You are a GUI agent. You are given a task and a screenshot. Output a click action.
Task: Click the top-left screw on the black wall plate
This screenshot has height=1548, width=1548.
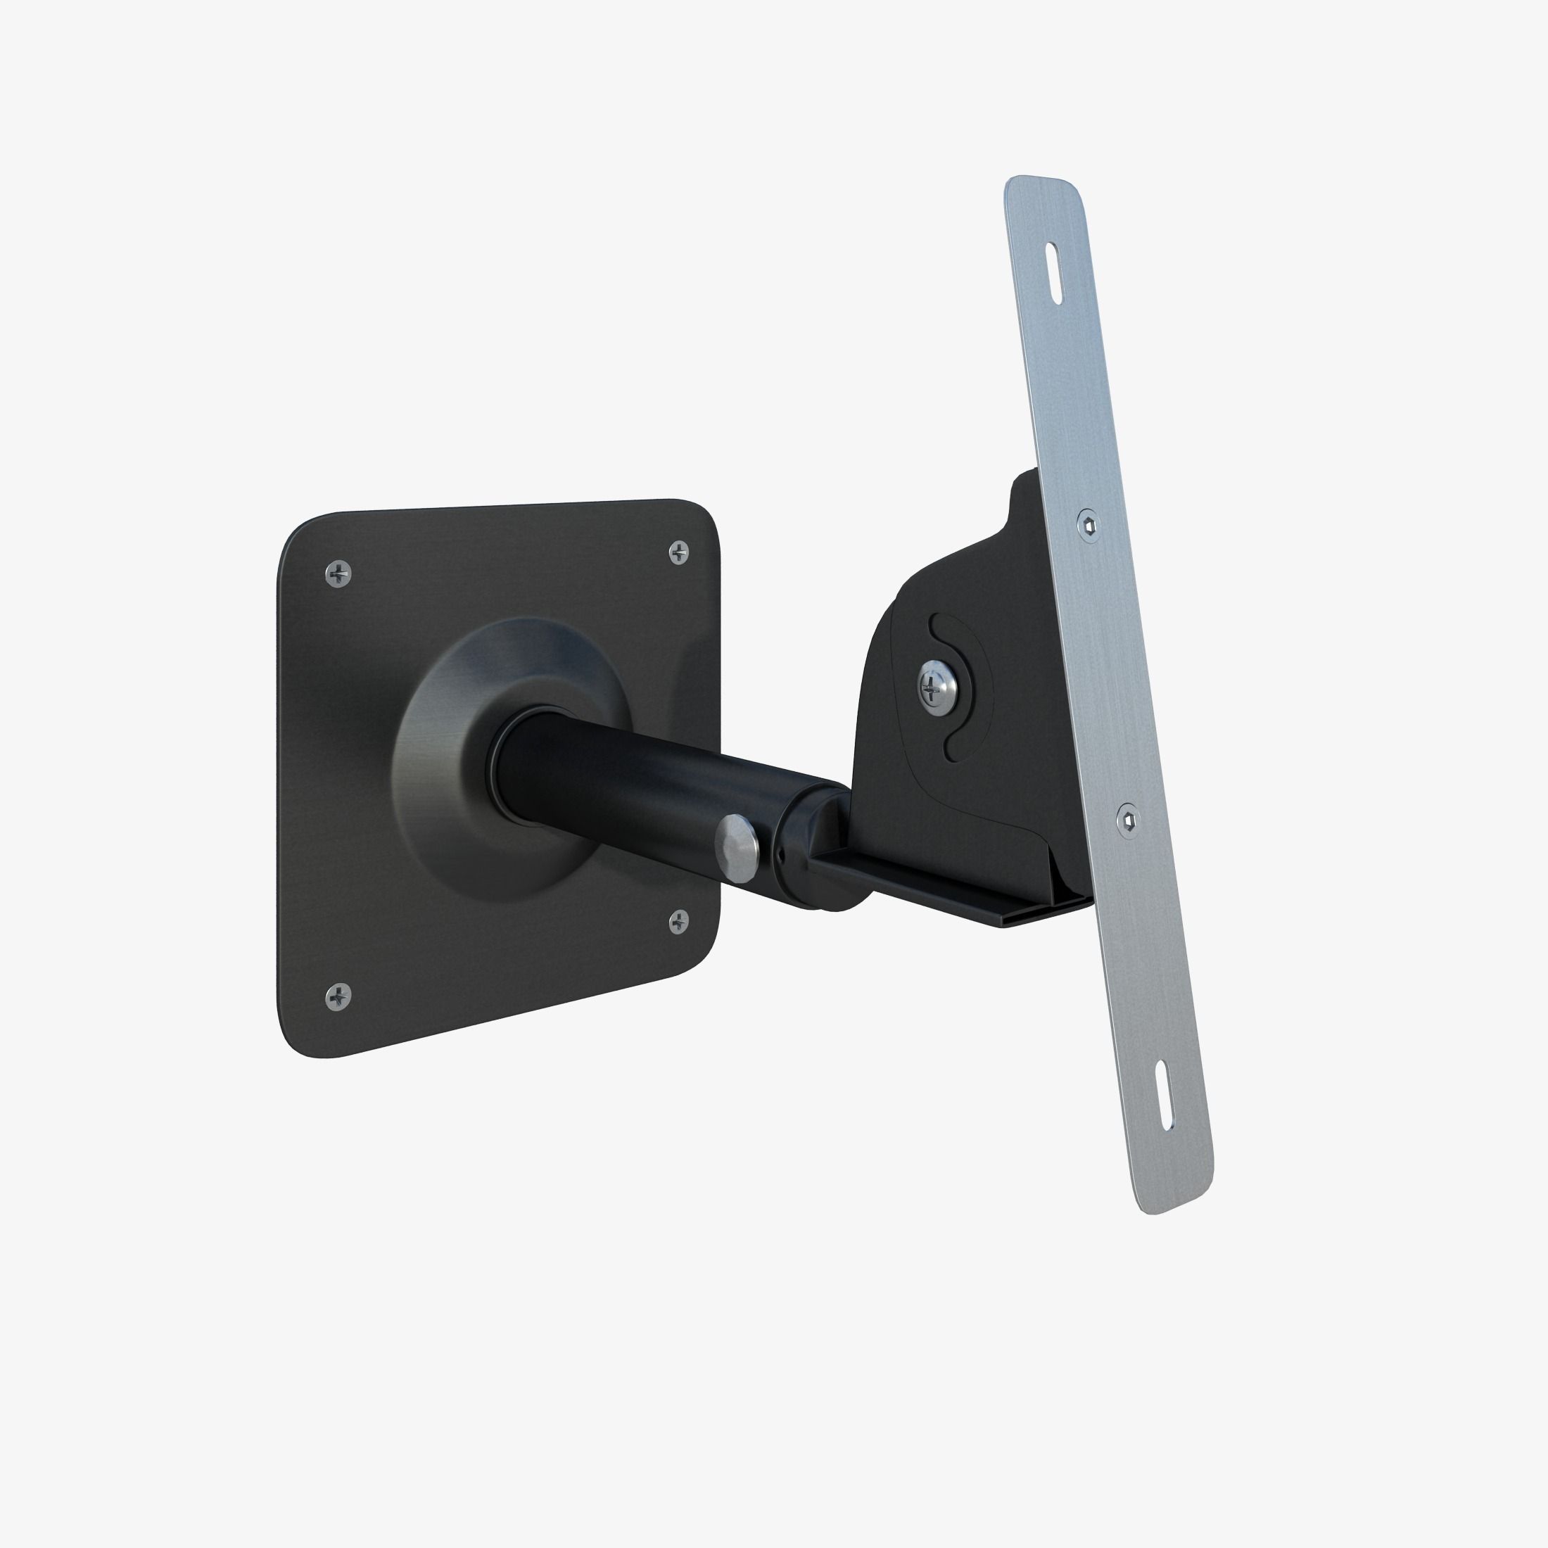tap(338, 573)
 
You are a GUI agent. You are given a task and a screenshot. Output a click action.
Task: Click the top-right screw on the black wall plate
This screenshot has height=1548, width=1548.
tap(678, 552)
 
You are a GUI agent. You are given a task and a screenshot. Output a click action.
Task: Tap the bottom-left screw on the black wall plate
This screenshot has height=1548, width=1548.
tap(338, 997)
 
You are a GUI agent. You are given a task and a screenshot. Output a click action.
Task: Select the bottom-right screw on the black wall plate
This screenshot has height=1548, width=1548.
tap(678, 922)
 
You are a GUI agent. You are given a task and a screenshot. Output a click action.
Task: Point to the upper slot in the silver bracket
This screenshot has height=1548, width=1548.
tap(1053, 274)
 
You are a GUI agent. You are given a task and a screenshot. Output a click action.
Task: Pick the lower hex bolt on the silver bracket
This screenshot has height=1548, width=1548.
tap(1128, 819)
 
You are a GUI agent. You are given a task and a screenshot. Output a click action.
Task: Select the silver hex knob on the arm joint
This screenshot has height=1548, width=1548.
tap(738, 849)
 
